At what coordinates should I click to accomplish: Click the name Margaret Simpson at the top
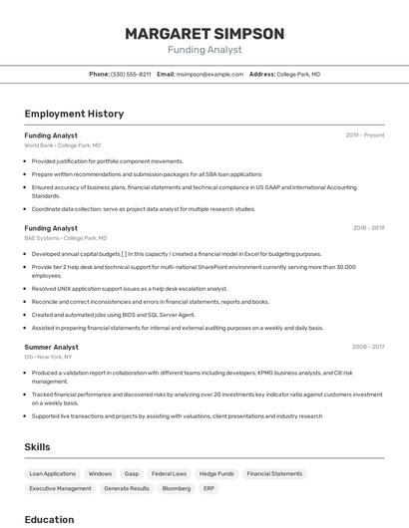(x=204, y=34)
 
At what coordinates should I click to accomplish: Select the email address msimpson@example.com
(x=209, y=74)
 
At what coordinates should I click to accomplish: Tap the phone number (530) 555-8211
(x=131, y=74)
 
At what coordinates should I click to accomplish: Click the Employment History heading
(x=74, y=114)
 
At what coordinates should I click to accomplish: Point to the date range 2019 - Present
(x=364, y=134)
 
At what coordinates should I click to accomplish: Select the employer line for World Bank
(x=62, y=145)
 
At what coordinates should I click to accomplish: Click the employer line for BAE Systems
(x=66, y=238)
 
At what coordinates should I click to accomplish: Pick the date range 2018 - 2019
(x=368, y=227)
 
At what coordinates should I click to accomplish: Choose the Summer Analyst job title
(x=51, y=347)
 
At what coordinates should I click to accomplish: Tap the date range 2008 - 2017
(x=368, y=347)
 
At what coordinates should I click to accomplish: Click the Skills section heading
(x=37, y=447)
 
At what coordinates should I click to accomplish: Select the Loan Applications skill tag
(x=52, y=474)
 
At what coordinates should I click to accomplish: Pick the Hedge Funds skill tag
(x=216, y=474)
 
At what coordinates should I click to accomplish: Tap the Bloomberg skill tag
(x=176, y=489)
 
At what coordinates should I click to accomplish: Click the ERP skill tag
(x=209, y=489)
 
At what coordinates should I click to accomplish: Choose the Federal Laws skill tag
(x=169, y=474)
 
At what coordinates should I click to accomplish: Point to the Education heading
(x=49, y=519)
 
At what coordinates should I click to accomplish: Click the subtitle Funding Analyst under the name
(x=204, y=49)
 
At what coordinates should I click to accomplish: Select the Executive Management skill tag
(x=60, y=489)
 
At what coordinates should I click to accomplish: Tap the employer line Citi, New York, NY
(x=48, y=357)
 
